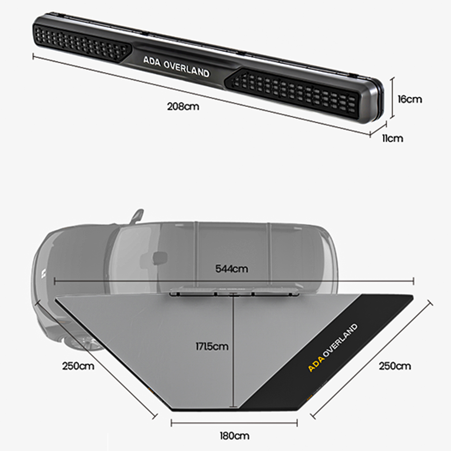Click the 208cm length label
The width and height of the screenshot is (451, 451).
183,107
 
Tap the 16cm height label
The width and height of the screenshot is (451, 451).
410,99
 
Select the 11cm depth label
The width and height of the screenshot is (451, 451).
393,138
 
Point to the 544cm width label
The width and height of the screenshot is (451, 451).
231,269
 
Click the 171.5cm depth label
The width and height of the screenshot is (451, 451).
212,346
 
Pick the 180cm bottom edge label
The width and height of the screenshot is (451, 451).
235,436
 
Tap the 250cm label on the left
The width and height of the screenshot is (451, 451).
78,366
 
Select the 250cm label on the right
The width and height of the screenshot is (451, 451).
395,366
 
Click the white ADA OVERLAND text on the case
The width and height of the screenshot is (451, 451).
176,67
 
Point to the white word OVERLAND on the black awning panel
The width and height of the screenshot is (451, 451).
341,341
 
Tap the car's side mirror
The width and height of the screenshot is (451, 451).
137,216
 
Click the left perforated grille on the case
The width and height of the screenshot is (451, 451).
82,43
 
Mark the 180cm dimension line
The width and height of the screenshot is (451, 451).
234,423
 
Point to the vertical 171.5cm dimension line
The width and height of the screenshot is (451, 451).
234,351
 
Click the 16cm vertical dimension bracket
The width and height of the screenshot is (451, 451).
392,97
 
